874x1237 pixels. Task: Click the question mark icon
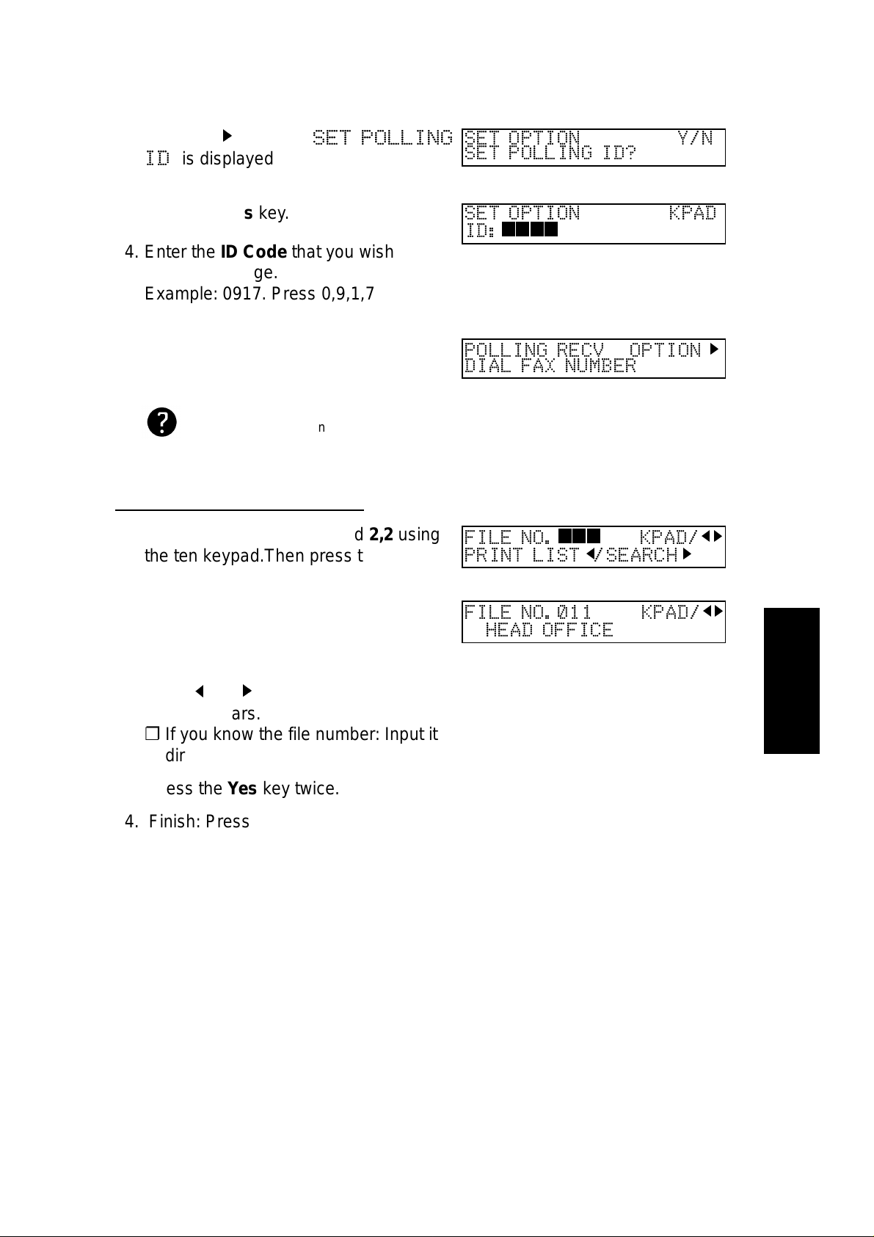pyautogui.click(x=161, y=424)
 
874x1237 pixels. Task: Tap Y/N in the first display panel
pyautogui.click(x=695, y=138)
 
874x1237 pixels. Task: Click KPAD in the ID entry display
pyautogui.click(x=692, y=214)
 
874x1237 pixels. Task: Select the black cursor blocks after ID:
pyautogui.click(x=530, y=231)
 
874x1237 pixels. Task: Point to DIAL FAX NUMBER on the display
pyautogui.click(x=550, y=366)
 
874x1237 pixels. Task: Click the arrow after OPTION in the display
pyautogui.click(x=714, y=349)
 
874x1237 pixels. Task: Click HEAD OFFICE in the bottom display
pyautogui.click(x=549, y=630)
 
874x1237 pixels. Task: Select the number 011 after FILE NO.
pyautogui.click(x=574, y=612)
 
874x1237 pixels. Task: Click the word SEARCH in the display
pyautogui.click(x=641, y=555)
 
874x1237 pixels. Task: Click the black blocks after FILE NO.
pyautogui.click(x=580, y=537)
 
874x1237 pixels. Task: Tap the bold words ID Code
pyautogui.click(x=253, y=252)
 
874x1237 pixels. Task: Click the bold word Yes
pyautogui.click(x=242, y=789)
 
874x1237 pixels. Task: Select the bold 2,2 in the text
pyautogui.click(x=381, y=534)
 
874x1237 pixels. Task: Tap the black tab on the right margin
pyautogui.click(x=791, y=680)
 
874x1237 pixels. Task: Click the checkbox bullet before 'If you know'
pyautogui.click(x=152, y=733)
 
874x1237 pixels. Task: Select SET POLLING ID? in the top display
pyautogui.click(x=550, y=153)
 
